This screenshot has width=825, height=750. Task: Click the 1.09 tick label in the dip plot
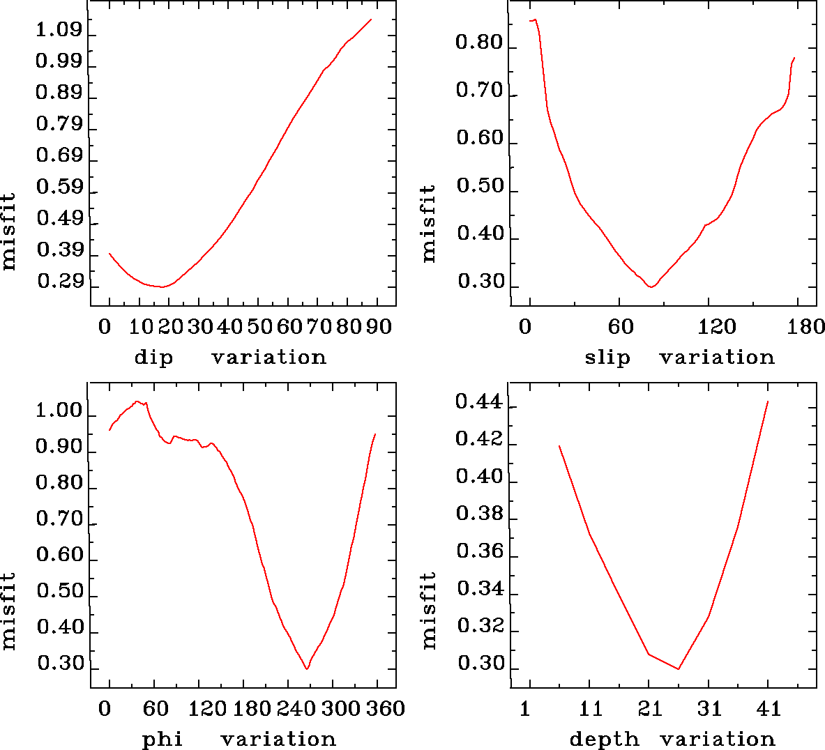tap(59, 31)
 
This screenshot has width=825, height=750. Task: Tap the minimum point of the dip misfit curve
tap(162, 286)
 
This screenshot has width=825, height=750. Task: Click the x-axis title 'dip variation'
tap(230, 358)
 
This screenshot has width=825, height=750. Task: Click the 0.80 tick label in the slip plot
tap(478, 43)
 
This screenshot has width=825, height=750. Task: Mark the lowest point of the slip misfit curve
tap(651, 286)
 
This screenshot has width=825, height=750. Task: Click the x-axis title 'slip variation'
tap(679, 358)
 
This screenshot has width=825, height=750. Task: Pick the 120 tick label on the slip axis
tap(718, 326)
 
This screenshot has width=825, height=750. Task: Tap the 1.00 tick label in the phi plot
tap(59, 411)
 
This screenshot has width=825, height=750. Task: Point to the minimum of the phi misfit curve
tap(307, 668)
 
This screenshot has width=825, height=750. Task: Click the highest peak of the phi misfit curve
tap(137, 401)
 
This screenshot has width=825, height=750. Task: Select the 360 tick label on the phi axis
tap(386, 709)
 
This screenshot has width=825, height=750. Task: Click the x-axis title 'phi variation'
tap(239, 739)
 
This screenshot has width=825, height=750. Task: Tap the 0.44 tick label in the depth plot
tap(478, 402)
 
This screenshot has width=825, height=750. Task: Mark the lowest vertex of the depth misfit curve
tap(678, 669)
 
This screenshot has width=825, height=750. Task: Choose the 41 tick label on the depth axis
tap(769, 709)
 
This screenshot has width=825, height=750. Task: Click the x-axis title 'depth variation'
tap(672, 739)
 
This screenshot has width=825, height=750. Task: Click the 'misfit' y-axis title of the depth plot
tap(428, 610)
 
